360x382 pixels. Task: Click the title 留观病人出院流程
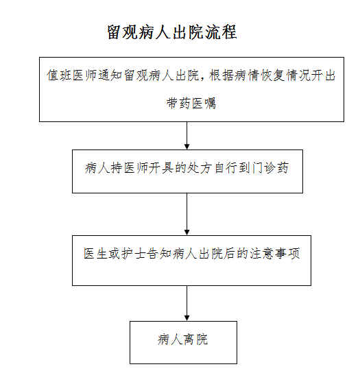click(172, 32)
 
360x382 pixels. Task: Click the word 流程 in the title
click(221, 32)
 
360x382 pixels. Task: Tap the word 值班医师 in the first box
click(72, 75)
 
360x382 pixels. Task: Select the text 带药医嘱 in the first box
click(191, 104)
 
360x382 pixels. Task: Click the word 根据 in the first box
click(221, 75)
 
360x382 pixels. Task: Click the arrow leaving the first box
click(187, 136)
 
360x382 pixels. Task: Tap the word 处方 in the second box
click(199, 168)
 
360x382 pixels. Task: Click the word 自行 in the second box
click(225, 168)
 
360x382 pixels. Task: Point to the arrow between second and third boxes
click(187, 214)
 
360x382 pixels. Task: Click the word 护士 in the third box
click(133, 254)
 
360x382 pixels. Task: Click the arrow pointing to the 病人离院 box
click(187, 303)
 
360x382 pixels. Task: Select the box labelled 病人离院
click(183, 342)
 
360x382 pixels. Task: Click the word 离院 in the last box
click(195, 339)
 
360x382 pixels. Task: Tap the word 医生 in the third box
click(95, 254)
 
